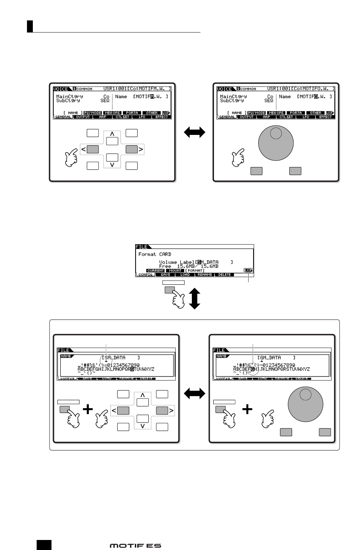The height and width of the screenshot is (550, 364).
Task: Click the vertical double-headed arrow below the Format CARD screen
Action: click(x=194, y=294)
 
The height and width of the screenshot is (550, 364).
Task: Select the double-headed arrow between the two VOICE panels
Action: click(x=194, y=132)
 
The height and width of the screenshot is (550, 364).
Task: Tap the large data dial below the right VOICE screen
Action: click(x=276, y=143)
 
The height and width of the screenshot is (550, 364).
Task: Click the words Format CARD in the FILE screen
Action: click(x=155, y=254)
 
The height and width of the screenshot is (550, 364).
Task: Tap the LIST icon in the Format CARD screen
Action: click(x=248, y=271)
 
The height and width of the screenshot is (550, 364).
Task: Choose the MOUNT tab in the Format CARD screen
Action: click(x=175, y=271)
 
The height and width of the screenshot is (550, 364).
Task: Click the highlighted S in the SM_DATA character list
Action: click(x=132, y=369)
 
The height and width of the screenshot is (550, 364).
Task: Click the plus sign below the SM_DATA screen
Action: click(x=88, y=410)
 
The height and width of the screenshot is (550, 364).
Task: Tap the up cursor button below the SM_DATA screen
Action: click(x=142, y=403)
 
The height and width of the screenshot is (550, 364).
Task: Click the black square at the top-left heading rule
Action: click(x=30, y=26)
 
